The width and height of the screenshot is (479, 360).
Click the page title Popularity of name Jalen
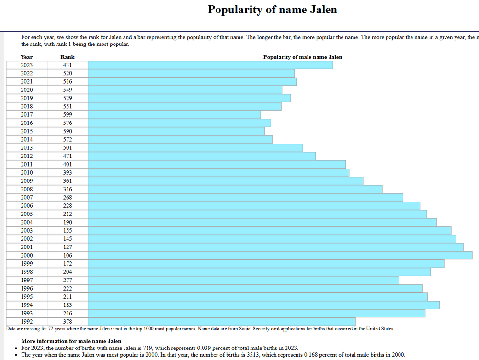[x=272, y=10]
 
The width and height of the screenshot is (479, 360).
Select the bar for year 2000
[x=280, y=255]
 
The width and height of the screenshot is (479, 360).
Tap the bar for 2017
[x=174, y=115]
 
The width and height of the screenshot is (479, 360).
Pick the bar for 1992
[x=221, y=321]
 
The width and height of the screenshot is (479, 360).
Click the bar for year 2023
[x=210, y=65]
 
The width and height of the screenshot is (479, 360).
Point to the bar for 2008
[x=235, y=189]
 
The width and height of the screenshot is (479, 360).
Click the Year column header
[x=27, y=57]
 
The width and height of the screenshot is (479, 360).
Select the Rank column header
[x=68, y=57]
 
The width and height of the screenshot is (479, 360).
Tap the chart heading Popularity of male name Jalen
[x=303, y=57]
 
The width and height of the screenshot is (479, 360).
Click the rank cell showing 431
[x=68, y=65]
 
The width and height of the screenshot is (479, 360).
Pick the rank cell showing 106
[x=68, y=255]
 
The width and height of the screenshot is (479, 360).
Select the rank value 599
[x=68, y=115]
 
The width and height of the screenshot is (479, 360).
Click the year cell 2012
[x=27, y=156]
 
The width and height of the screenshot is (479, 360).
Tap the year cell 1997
[x=27, y=280]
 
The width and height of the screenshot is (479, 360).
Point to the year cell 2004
[x=27, y=222]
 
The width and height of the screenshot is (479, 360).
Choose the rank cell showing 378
[x=68, y=321]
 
